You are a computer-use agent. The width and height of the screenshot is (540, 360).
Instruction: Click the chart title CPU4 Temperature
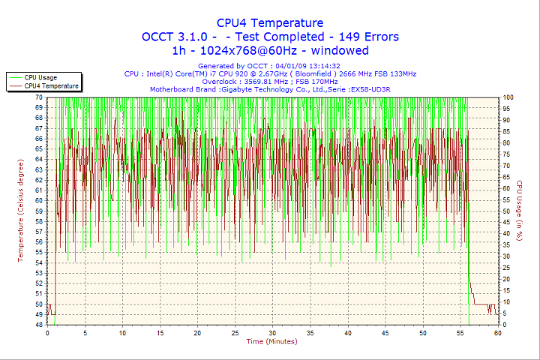tap(270, 23)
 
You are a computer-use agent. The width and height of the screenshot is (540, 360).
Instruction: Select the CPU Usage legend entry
tap(40, 77)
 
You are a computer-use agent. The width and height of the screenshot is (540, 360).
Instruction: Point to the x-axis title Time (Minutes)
tap(271, 341)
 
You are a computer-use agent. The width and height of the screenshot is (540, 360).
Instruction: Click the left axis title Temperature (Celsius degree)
tap(21, 211)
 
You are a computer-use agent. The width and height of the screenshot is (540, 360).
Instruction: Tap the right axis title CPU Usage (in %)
tap(518, 211)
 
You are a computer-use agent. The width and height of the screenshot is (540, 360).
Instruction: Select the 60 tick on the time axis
tap(497, 332)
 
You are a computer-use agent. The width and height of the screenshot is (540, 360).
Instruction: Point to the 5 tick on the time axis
tap(85, 332)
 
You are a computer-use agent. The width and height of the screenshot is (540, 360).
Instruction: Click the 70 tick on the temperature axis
tap(38, 97)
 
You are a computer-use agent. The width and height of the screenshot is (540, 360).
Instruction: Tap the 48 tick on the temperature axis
tap(38, 325)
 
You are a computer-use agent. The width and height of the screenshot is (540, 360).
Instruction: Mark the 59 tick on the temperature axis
tap(38, 211)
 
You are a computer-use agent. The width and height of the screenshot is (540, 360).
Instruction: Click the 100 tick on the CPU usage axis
tap(508, 97)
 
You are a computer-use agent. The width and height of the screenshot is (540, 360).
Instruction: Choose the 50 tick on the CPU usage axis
tap(507, 211)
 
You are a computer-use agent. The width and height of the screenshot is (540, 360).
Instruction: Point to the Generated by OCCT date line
tap(270, 66)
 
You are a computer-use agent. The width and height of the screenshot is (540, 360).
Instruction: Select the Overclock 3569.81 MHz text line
tap(270, 82)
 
